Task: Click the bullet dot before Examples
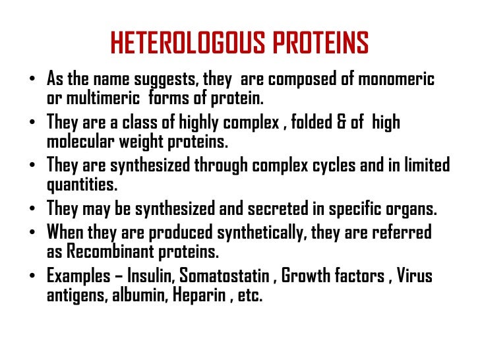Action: click(x=32, y=276)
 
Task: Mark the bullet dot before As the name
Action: click(x=32, y=80)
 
